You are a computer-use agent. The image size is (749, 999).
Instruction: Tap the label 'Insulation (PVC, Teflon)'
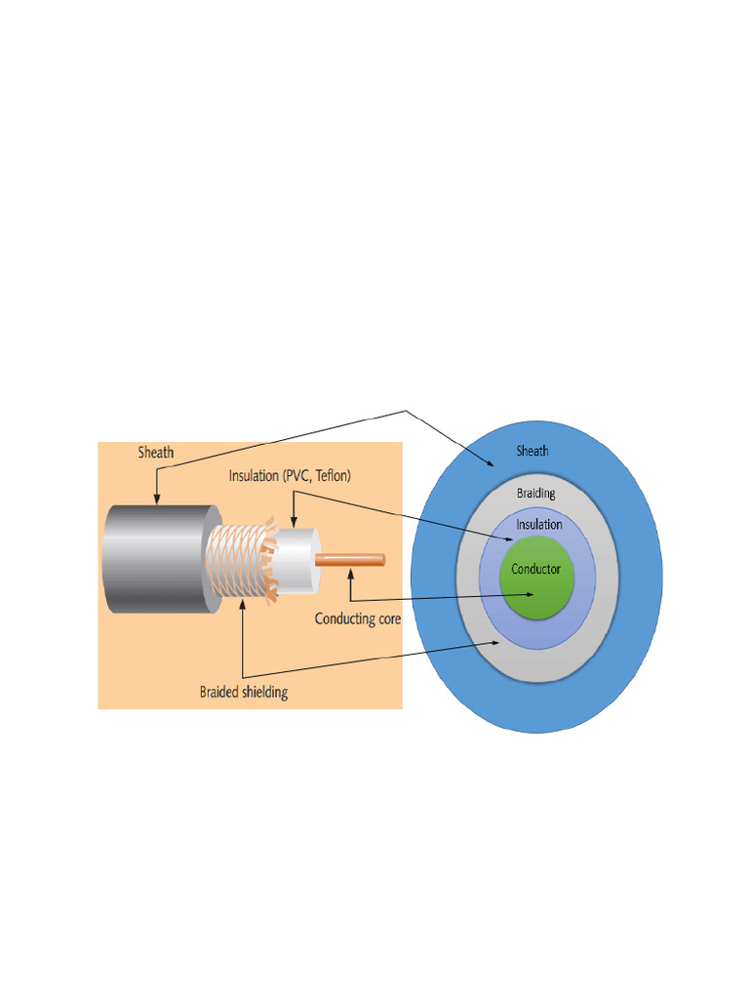coord(290,476)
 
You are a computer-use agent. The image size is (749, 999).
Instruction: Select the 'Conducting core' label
coord(358,618)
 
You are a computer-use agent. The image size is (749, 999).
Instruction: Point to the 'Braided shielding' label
coord(244,693)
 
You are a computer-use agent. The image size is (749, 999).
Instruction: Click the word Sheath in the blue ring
coord(532,451)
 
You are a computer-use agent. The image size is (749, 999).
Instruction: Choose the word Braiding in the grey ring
coord(535,494)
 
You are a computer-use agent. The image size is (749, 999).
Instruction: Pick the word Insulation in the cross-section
coord(539,525)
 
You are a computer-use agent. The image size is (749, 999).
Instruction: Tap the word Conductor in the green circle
coord(535,569)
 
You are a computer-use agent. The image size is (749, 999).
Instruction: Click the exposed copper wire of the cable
coord(351,560)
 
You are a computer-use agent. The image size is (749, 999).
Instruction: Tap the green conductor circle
coord(535,585)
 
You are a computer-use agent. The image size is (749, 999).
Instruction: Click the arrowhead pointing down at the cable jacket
coord(156,500)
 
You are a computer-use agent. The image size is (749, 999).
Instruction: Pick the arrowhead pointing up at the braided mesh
coord(242,608)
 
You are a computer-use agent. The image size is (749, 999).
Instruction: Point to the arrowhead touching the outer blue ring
coord(490,465)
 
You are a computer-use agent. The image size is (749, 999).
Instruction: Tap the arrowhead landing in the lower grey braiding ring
coord(497,643)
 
